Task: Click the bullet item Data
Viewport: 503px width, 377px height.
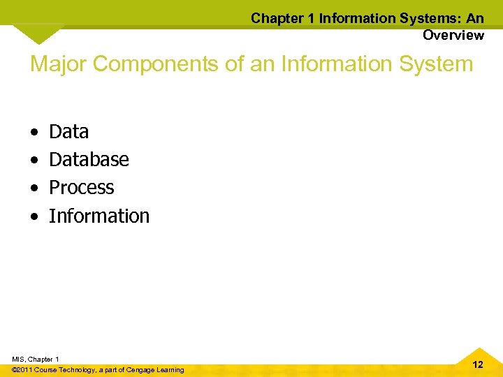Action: click(x=68, y=132)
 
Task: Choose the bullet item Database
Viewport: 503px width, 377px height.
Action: click(x=89, y=160)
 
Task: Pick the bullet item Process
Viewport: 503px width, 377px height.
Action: click(x=81, y=188)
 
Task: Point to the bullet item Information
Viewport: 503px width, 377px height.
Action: click(x=99, y=216)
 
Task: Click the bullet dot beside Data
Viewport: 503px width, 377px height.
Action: click(x=34, y=133)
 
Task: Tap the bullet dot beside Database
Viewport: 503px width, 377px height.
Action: click(x=34, y=161)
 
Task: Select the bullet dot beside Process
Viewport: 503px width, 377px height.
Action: click(x=34, y=188)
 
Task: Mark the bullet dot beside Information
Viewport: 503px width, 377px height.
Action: click(x=34, y=217)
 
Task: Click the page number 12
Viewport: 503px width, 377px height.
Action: click(x=478, y=364)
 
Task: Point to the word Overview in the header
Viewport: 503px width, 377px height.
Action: click(x=453, y=35)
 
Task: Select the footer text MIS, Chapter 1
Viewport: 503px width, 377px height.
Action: click(x=35, y=359)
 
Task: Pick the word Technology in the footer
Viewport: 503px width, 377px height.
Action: click(x=79, y=369)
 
